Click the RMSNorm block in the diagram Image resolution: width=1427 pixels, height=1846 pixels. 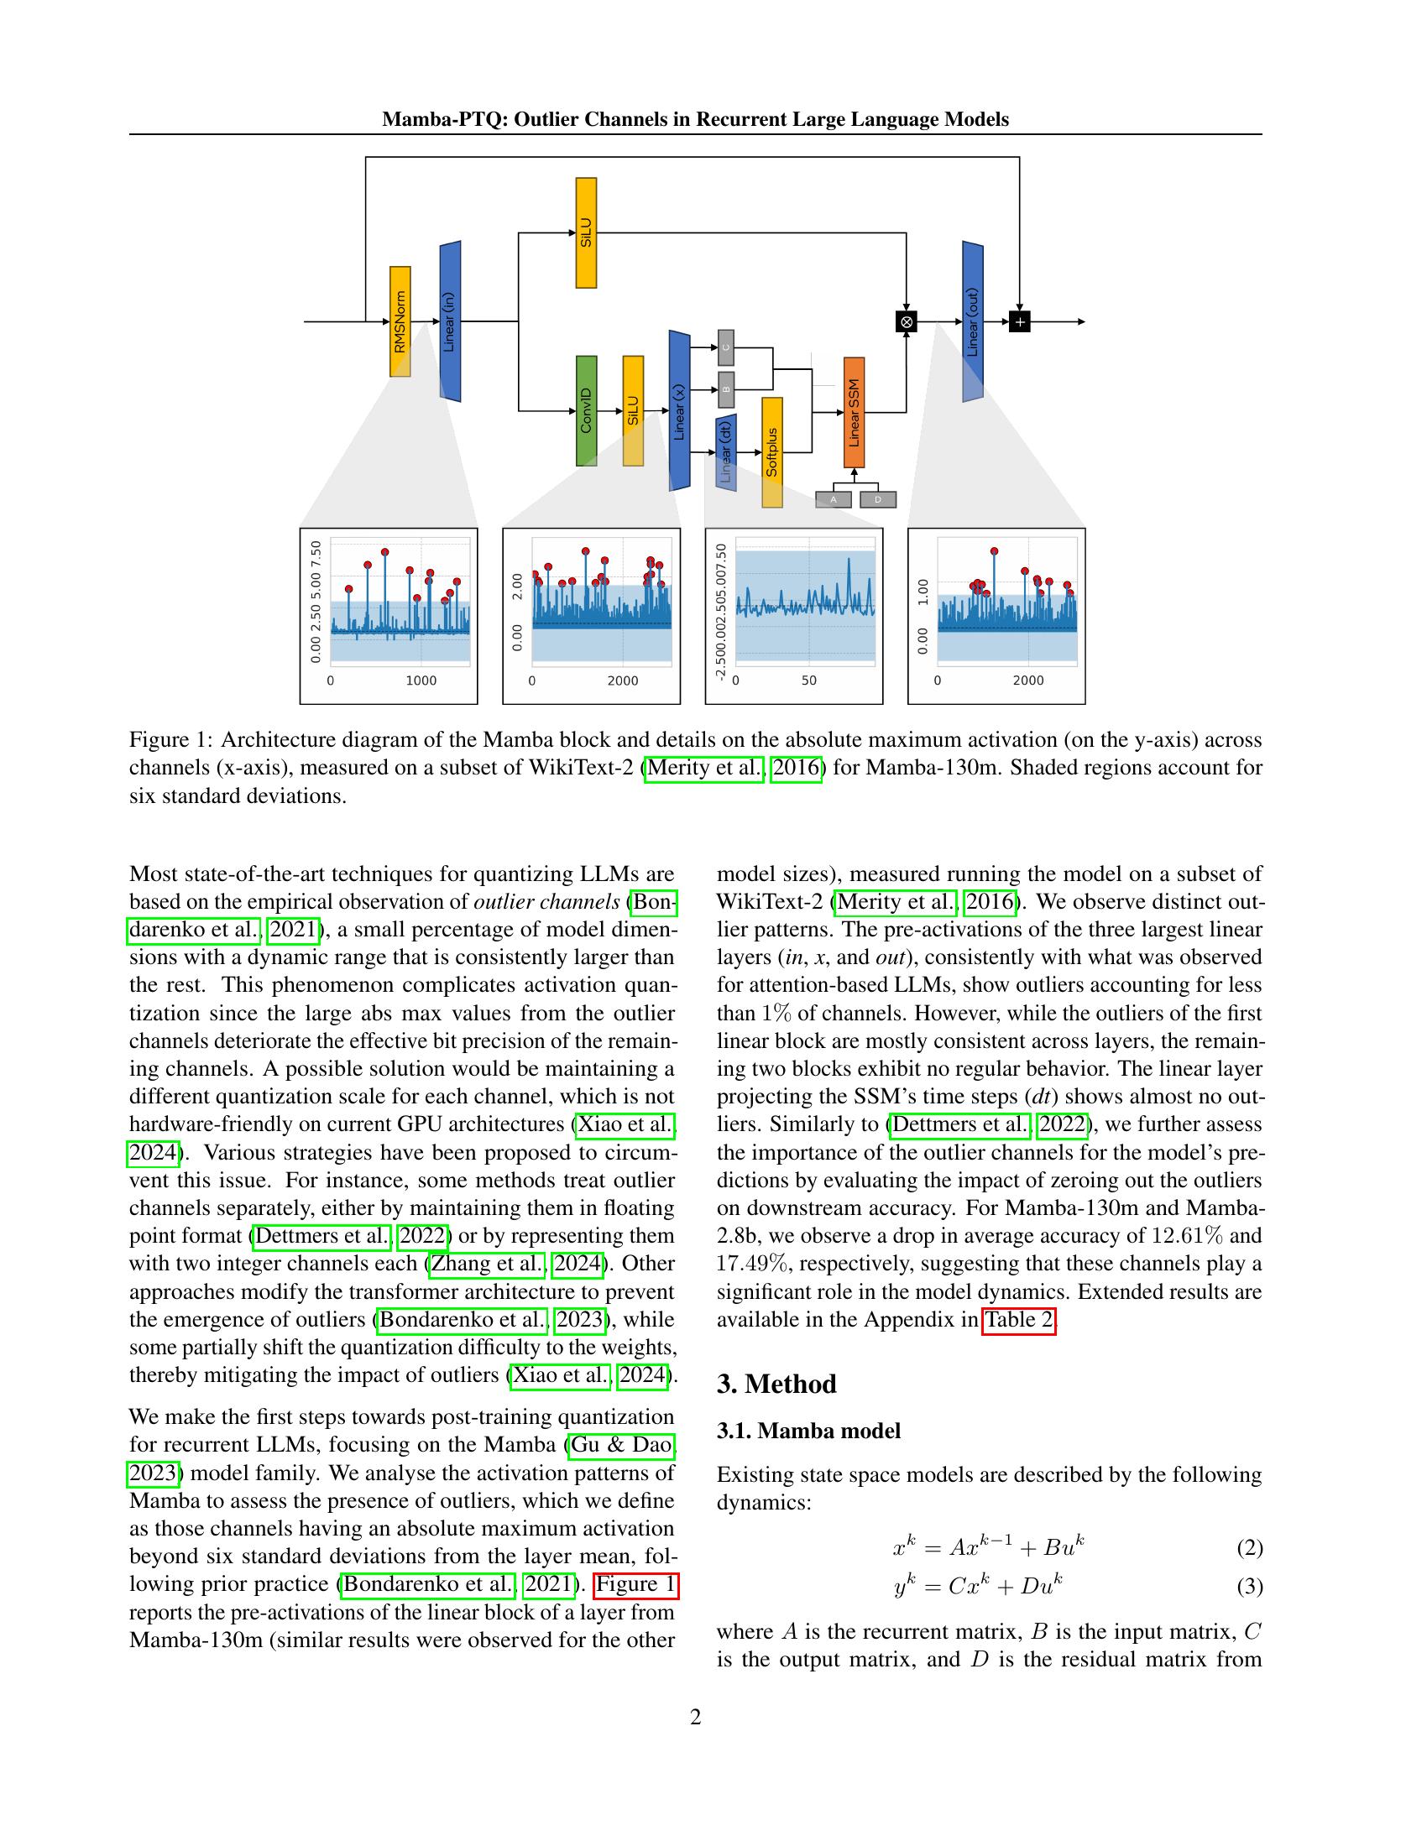tap(400, 321)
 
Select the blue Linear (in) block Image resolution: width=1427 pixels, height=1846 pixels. tap(450, 321)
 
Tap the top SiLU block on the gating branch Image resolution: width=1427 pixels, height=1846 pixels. tap(586, 232)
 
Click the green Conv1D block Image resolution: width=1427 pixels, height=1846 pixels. tap(586, 411)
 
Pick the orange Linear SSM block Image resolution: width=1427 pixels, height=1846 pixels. tap(854, 413)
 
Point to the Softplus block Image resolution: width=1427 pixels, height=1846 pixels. tap(771, 452)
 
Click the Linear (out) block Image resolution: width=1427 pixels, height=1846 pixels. tap(973, 321)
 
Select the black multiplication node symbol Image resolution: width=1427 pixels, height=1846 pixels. tap(907, 321)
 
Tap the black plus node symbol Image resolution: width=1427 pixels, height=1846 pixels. tap(1020, 321)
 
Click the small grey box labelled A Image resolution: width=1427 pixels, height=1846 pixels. tap(833, 499)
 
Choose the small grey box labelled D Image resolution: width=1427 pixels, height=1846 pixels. tap(877, 499)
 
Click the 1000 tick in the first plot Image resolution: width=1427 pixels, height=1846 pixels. tap(421, 681)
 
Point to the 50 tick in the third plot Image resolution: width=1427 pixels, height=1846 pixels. tap(809, 681)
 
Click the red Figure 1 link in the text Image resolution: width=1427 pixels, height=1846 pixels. tap(636, 1584)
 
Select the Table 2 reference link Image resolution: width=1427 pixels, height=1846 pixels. tap(1019, 1319)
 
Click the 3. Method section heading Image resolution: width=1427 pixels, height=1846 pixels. tap(776, 1384)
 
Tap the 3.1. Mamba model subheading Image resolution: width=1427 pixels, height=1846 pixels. tap(808, 1431)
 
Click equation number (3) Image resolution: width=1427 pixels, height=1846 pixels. tap(1250, 1587)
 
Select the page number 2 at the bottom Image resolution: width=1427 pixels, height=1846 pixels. tap(696, 1717)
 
